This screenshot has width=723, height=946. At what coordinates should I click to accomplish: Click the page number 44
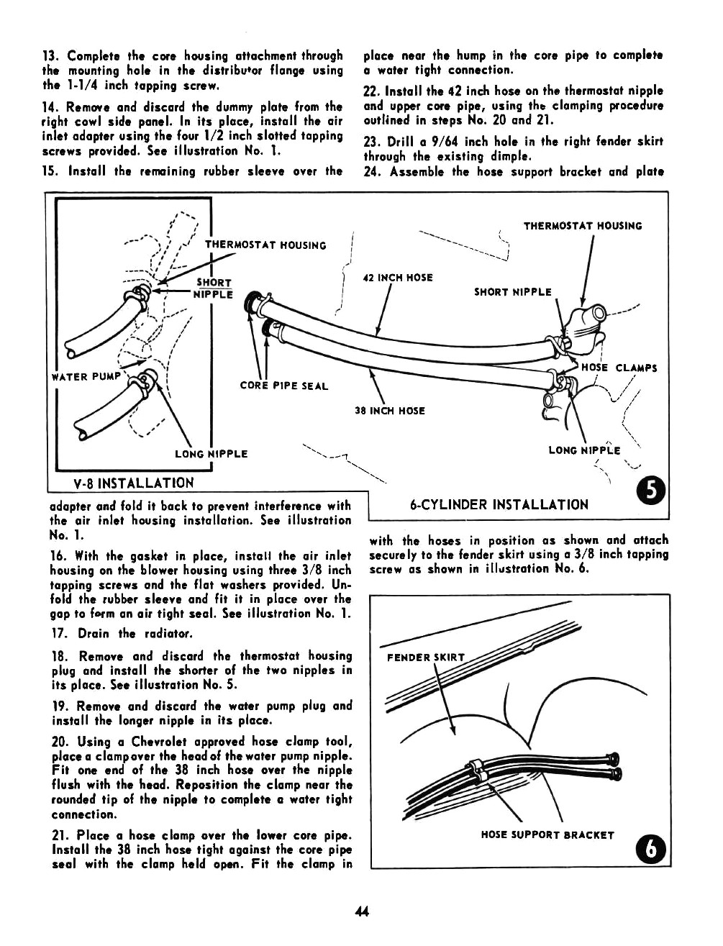[x=361, y=912]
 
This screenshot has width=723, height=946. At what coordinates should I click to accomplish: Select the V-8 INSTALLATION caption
[x=133, y=483]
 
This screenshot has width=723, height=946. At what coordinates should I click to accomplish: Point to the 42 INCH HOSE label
[x=399, y=278]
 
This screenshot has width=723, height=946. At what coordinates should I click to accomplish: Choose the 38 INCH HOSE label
[x=390, y=411]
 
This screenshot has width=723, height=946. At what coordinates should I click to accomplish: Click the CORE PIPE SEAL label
[x=283, y=386]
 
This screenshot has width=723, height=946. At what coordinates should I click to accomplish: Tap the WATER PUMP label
[x=80, y=377]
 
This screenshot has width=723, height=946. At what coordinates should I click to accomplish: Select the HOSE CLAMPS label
[x=619, y=368]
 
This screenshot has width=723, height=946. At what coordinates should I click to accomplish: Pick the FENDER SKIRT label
[x=426, y=657]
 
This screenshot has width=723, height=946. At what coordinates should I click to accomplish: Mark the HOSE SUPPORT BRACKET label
[x=547, y=835]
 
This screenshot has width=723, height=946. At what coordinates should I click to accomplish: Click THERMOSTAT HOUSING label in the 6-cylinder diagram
[x=582, y=226]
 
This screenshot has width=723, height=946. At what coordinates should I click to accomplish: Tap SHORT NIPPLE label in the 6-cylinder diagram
[x=512, y=292]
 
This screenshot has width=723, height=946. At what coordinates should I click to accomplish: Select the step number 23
[x=372, y=141]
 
